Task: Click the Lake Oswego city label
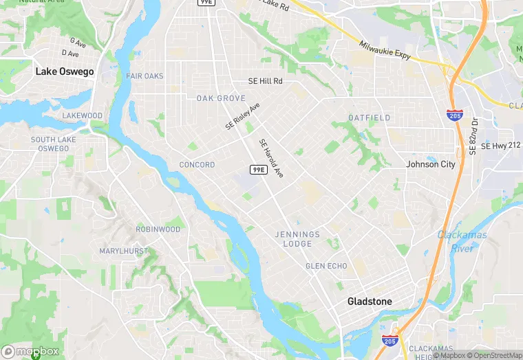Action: (65, 71)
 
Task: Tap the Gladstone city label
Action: (370, 302)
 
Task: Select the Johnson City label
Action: (431, 164)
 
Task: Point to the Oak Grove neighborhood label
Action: (221, 98)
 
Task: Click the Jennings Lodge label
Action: (298, 239)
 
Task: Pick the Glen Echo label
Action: (326, 266)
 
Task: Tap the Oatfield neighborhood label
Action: (369, 117)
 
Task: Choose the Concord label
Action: (197, 165)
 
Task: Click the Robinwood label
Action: (158, 229)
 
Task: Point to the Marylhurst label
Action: (123, 251)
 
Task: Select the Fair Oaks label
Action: (145, 76)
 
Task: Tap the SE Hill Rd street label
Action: (266, 81)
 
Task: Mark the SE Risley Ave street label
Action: (243, 117)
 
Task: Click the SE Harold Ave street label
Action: (271, 159)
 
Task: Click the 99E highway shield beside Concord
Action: (258, 170)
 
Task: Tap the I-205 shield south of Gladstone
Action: (389, 341)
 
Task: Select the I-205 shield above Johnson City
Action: (454, 115)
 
